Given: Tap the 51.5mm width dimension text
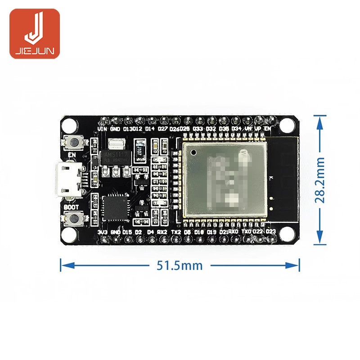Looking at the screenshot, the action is tap(180, 265).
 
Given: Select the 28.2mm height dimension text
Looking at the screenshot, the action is tap(320, 180).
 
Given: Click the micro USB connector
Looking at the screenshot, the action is tap(68, 180).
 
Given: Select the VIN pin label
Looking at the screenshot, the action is tap(103, 129).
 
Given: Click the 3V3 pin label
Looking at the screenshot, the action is tap(103, 232).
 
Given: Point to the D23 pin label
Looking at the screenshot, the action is tap(270, 231).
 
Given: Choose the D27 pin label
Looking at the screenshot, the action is tap(162, 129).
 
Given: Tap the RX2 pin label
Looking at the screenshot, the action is tap(162, 232).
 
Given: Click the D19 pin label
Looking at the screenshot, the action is tap(211, 232).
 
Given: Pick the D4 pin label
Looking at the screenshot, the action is tap(150, 232).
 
